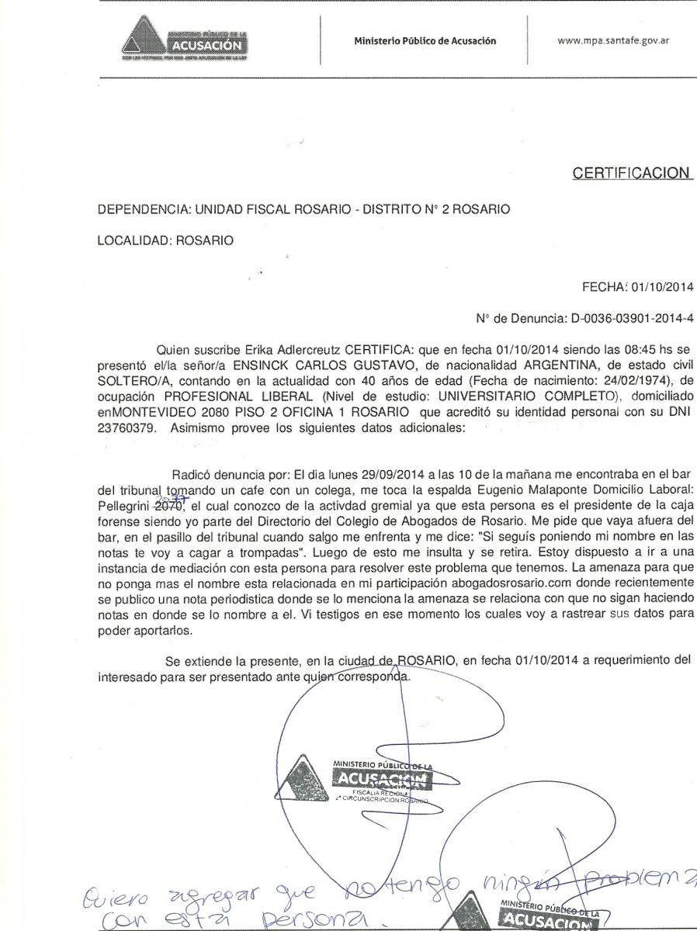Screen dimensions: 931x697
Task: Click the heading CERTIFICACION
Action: coord(631,173)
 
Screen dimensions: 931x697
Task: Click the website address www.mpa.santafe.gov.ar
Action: coord(613,40)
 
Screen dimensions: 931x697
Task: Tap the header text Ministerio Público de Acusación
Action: coord(425,41)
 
